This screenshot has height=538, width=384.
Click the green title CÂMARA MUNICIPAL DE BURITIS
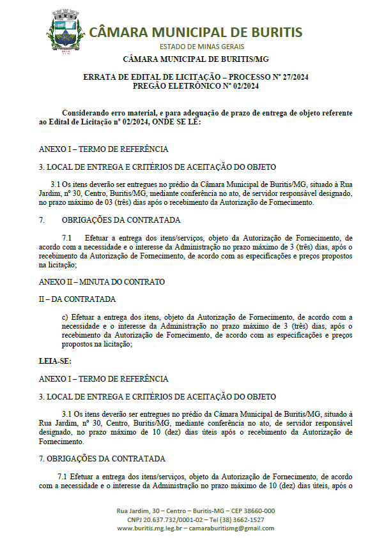click(x=196, y=33)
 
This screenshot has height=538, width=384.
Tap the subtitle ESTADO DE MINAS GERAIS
click(x=196, y=47)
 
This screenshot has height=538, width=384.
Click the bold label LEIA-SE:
click(x=55, y=361)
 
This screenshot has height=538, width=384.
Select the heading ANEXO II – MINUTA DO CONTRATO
click(x=102, y=281)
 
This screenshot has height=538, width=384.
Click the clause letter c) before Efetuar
click(x=65, y=317)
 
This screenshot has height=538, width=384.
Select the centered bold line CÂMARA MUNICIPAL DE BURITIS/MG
click(x=196, y=59)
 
